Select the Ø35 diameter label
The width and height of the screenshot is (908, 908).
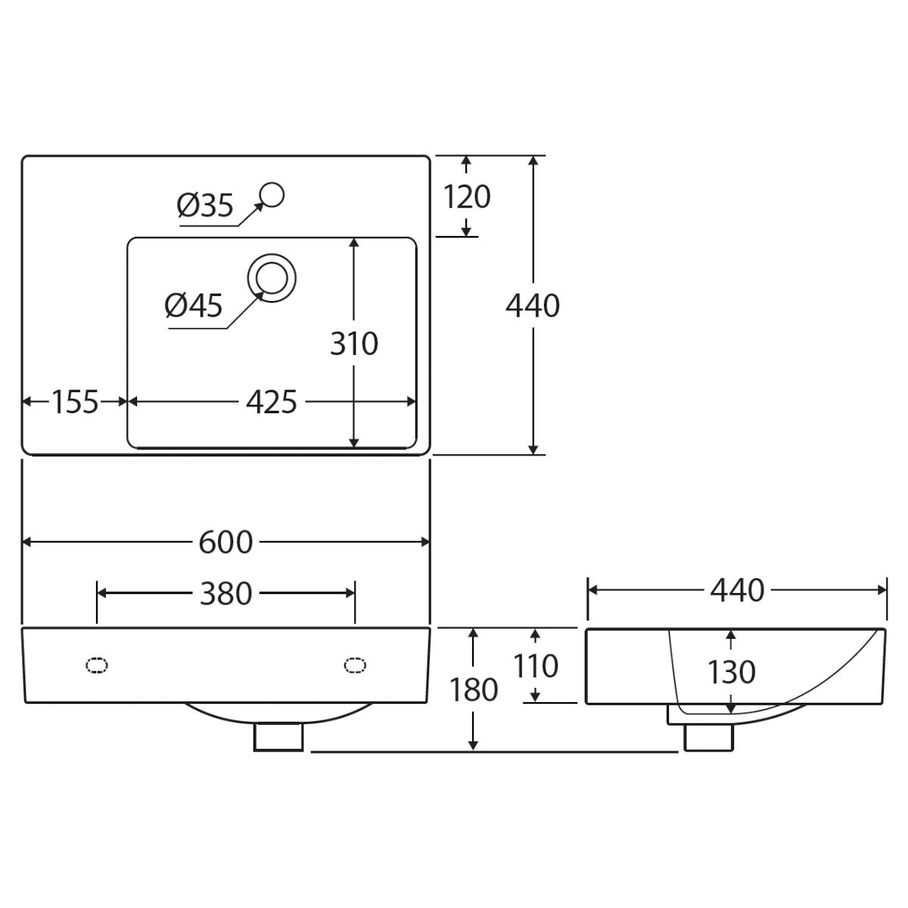(x=205, y=206)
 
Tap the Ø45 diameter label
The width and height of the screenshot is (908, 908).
(x=193, y=306)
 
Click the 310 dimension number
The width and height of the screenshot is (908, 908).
(x=354, y=343)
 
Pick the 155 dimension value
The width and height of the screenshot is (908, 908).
(x=75, y=402)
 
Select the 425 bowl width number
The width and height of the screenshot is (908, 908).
(x=272, y=402)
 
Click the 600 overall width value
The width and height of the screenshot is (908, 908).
(x=225, y=543)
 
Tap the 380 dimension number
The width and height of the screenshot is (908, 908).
(x=225, y=593)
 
